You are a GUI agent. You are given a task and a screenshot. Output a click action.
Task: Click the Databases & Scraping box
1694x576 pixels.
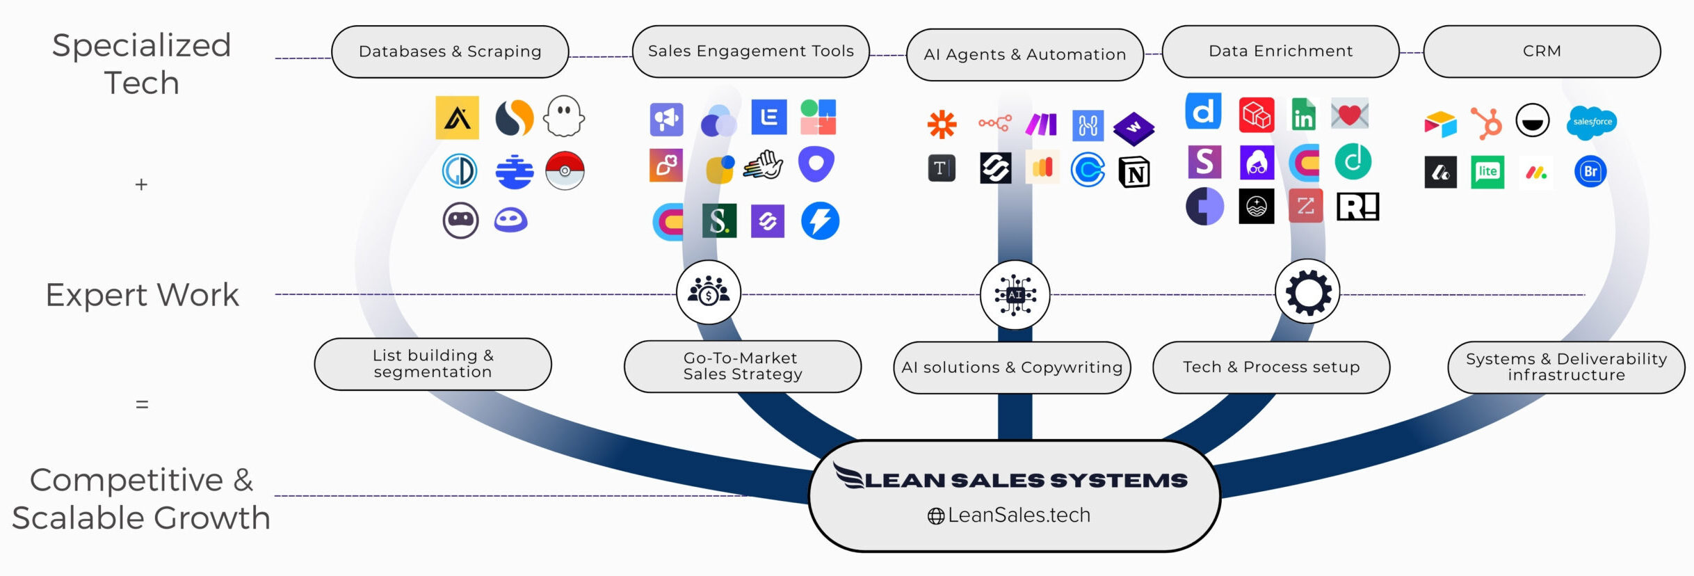450,51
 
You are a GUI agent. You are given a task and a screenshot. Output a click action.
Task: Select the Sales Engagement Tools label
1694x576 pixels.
750,51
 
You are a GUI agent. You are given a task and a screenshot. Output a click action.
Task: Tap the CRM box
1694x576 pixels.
1542,51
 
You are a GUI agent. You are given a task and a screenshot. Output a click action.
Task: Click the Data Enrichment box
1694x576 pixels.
1280,51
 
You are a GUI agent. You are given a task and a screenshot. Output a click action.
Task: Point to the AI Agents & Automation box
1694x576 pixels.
1024,54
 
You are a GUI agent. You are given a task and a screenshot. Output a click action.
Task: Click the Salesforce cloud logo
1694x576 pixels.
1592,122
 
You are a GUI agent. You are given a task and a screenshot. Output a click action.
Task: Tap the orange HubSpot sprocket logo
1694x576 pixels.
1486,123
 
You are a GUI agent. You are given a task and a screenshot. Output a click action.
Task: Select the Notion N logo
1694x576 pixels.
1134,172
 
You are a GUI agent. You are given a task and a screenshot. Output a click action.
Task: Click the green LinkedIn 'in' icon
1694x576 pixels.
1303,114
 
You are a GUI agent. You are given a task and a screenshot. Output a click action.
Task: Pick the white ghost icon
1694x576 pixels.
564,116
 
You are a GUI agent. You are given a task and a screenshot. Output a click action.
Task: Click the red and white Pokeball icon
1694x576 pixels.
565,170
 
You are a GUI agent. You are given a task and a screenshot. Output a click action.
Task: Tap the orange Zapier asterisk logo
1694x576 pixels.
942,125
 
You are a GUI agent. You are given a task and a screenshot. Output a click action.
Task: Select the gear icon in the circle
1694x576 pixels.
1307,292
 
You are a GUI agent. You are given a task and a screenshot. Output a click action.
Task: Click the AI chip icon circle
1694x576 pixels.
1015,295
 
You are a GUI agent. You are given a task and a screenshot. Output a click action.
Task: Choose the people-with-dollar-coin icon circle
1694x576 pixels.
708,292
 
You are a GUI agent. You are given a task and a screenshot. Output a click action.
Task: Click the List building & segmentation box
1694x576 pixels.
433,364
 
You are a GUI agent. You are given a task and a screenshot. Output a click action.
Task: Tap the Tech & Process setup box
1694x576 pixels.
1271,367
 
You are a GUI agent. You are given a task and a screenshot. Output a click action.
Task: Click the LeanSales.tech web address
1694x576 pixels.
1018,515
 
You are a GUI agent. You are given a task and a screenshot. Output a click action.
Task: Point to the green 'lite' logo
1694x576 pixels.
1487,172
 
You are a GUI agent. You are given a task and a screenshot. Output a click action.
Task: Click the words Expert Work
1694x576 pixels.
143,295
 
